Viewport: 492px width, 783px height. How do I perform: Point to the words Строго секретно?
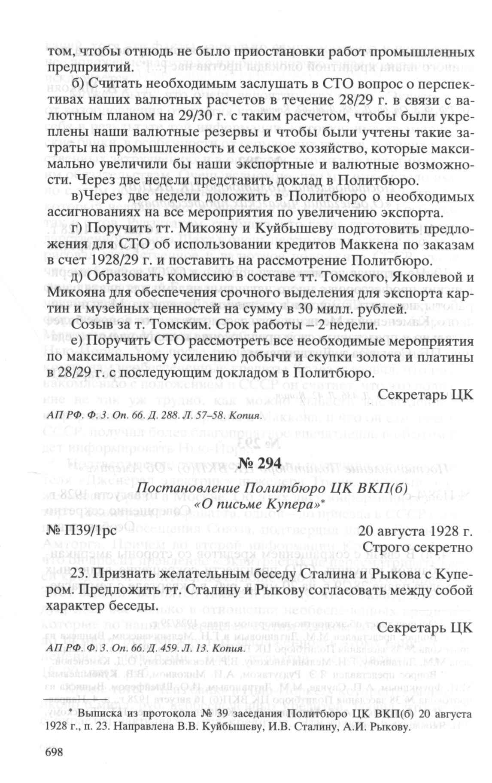click(417, 548)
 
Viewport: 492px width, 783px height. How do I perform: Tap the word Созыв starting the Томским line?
click(91, 326)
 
